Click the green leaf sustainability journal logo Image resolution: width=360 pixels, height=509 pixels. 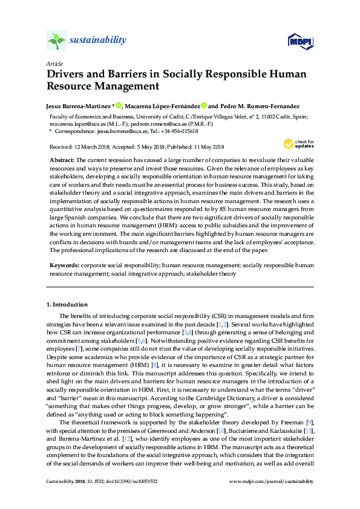click(x=57, y=41)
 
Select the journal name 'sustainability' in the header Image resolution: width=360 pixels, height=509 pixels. click(x=98, y=41)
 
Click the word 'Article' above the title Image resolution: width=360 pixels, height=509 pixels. click(x=54, y=63)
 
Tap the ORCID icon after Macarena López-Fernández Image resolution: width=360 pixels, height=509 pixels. click(x=204, y=105)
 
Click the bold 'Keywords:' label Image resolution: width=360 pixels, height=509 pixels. click(x=64, y=265)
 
